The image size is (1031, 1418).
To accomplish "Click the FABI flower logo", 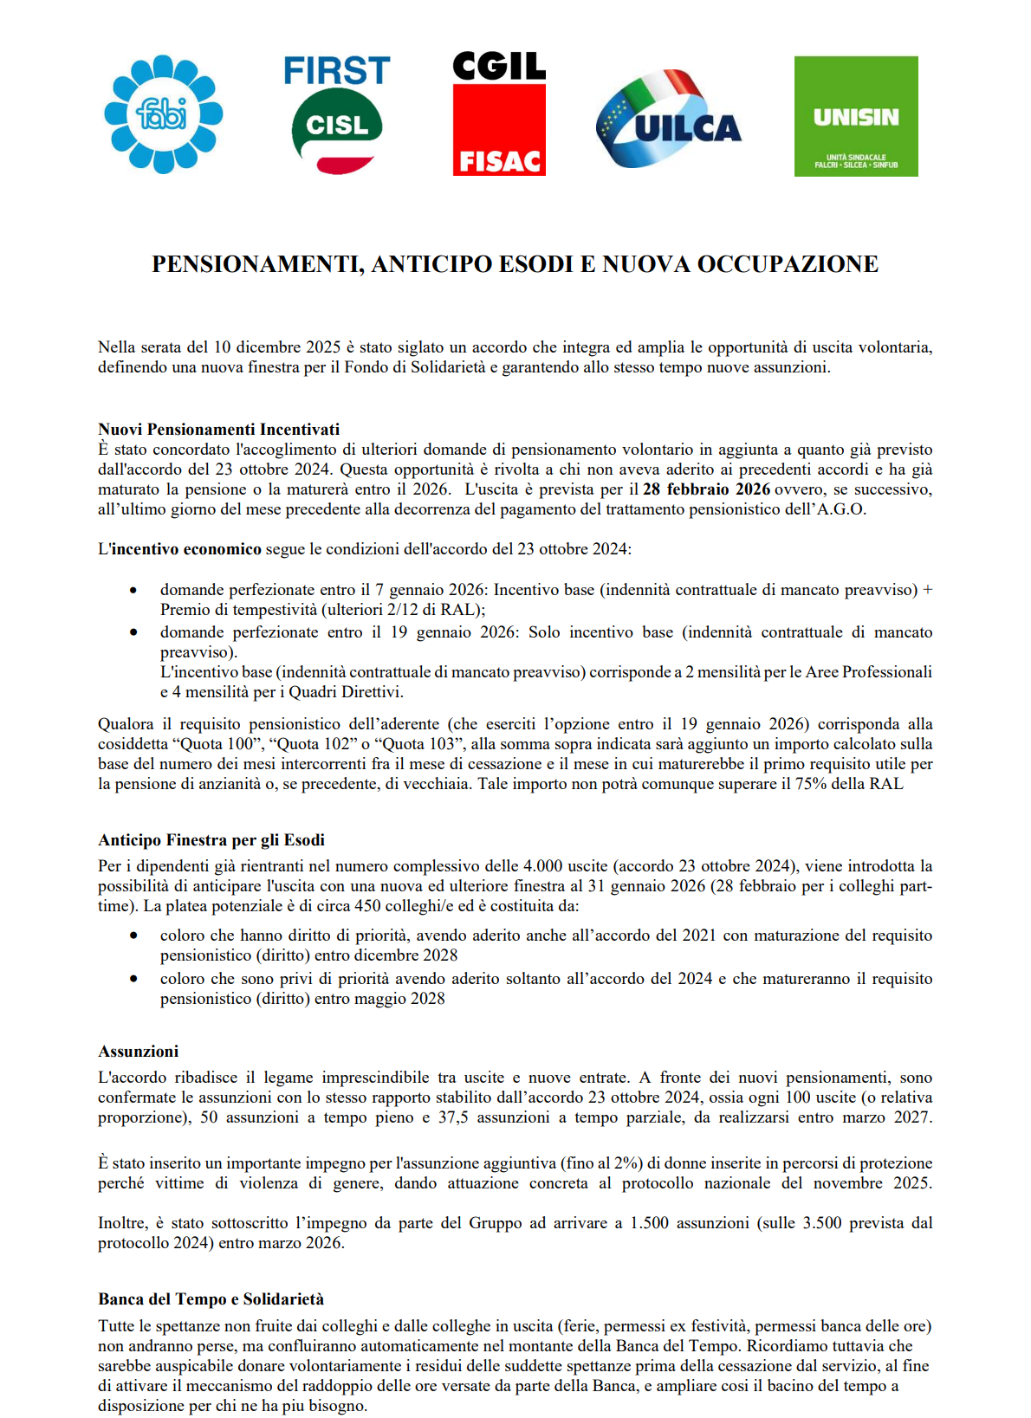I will point(163,114).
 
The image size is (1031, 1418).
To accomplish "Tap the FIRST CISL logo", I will point(337,113).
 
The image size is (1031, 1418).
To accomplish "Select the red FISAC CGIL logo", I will point(499,114).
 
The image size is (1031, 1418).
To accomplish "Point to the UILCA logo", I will point(668,121).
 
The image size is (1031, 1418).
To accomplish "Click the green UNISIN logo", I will point(856,116).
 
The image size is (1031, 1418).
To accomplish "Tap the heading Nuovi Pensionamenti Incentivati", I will point(218,429).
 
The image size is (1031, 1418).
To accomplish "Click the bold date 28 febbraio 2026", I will point(706,489).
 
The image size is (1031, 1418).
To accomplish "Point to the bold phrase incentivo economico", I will point(186,549).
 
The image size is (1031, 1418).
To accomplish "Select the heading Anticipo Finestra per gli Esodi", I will point(211,839).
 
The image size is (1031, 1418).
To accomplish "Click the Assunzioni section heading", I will point(139,1051).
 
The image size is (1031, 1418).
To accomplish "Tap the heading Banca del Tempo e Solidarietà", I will point(211,1298).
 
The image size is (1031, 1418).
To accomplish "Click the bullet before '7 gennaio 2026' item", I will point(133,590).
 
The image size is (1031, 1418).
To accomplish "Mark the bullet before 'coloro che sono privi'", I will point(133,979).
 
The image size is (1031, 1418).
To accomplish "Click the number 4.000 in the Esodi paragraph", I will point(542,866).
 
